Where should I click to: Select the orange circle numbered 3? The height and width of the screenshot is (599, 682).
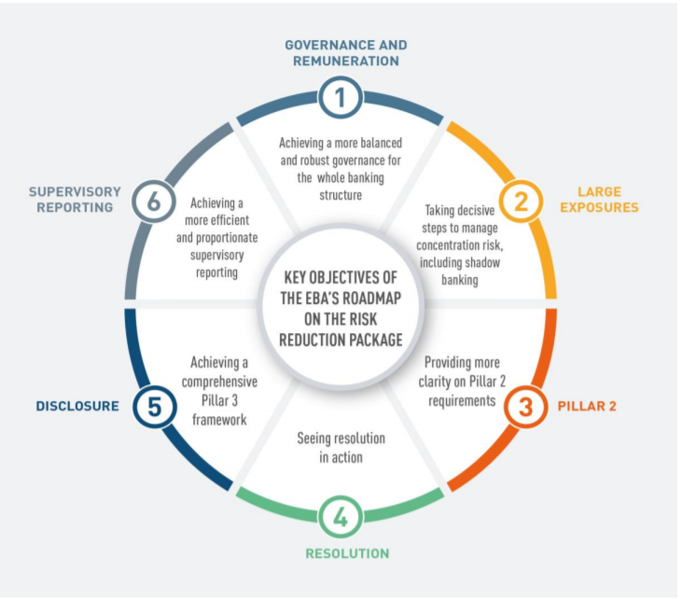coord(525,408)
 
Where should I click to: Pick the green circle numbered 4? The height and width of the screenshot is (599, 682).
coord(341,515)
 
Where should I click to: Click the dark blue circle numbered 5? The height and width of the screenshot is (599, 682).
coord(154,407)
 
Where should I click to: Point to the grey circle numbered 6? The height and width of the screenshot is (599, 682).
coord(154,200)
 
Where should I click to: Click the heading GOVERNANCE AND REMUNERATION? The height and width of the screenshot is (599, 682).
coord(345,52)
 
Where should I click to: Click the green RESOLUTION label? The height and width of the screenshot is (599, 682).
coord(347,553)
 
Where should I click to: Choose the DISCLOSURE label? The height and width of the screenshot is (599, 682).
coord(77,406)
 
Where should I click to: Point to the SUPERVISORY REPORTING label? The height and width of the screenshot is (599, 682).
coord(75,199)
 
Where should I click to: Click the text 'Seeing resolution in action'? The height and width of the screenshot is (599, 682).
coord(341,447)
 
